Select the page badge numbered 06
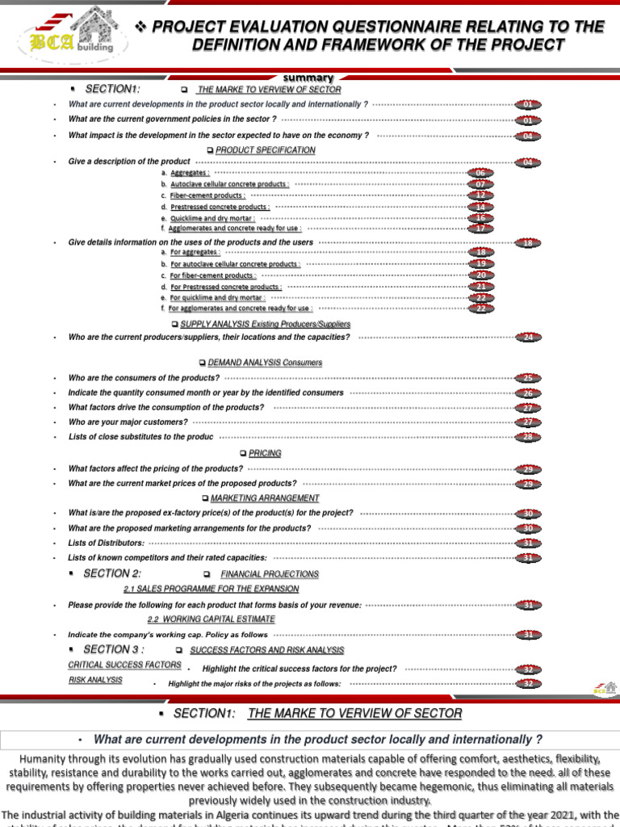tap(480, 173)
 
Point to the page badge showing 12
tap(480, 195)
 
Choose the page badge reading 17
tap(480, 229)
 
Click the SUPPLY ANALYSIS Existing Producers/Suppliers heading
tap(266, 324)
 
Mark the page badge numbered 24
tap(528, 337)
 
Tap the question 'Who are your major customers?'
tap(128, 422)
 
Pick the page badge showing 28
tap(528, 437)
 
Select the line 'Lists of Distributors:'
tap(107, 544)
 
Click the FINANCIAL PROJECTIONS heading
tap(270, 574)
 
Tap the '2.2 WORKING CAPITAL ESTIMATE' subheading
tap(211, 619)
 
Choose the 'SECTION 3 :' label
tap(114, 649)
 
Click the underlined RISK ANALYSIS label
tap(95, 680)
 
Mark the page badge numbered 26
tap(528, 393)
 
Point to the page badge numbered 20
tap(480, 275)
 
